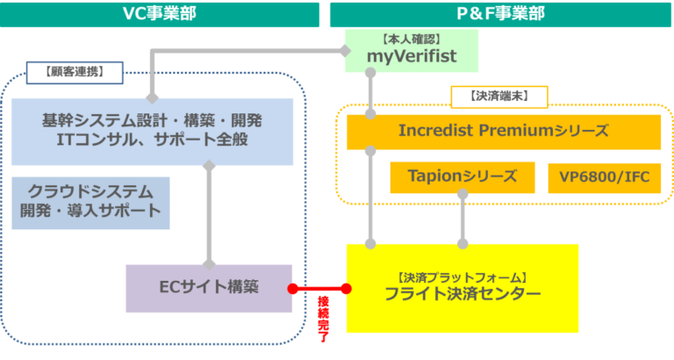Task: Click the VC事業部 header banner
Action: coord(160,15)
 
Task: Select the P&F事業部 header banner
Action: coord(500,15)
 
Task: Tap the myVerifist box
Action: coord(412,51)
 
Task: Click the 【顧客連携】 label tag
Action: coord(75,72)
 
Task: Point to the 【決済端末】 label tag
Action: coord(499,97)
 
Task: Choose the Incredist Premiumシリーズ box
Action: coord(504,132)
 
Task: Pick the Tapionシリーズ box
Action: coord(462,177)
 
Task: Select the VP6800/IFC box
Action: coord(605,177)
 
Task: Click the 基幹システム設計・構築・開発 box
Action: coord(152,132)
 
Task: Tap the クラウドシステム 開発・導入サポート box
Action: coord(90,203)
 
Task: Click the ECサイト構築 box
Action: coord(209,288)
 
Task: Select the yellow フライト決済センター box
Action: coord(462,288)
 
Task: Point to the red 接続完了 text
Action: coord(323,319)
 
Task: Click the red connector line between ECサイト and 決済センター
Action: coord(319,289)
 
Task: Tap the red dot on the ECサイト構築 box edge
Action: coord(293,289)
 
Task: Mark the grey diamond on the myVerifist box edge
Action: coord(346,51)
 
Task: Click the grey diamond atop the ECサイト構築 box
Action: coord(209,264)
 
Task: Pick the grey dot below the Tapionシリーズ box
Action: coord(462,193)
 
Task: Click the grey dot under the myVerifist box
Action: coord(370,72)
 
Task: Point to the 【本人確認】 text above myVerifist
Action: coord(412,40)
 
